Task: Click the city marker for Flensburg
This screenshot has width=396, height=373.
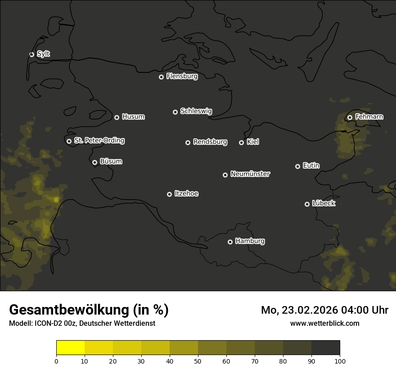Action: pyautogui.click(x=161, y=77)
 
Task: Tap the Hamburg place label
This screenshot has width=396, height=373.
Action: pyautogui.click(x=250, y=241)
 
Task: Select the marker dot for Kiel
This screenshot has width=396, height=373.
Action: pyautogui.click(x=241, y=142)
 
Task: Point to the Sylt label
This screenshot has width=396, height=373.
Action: pyautogui.click(x=43, y=54)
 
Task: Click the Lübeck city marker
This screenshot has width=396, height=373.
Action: pyautogui.click(x=307, y=204)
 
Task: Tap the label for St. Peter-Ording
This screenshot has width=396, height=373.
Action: pyautogui.click(x=99, y=141)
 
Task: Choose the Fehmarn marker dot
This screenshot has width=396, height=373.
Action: pyautogui.click(x=350, y=117)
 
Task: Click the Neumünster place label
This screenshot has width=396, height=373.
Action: pyautogui.click(x=250, y=174)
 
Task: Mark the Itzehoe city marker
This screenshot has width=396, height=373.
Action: pyautogui.click(x=169, y=194)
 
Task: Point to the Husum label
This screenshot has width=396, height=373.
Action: pyautogui.click(x=133, y=117)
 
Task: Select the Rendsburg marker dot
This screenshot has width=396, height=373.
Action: pyautogui.click(x=188, y=142)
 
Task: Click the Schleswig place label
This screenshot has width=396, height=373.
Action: pyautogui.click(x=196, y=111)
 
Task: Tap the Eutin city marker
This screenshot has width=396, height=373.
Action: pyautogui.click(x=297, y=166)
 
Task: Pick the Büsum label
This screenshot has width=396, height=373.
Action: pyautogui.click(x=111, y=161)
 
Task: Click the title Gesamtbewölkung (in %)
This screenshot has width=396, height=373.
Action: pyautogui.click(x=89, y=310)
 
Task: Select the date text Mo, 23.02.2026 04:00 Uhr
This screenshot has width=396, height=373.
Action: pyautogui.click(x=324, y=310)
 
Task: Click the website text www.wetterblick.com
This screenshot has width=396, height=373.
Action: pyautogui.click(x=324, y=323)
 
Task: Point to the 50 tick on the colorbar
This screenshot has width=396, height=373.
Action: pyautogui.click(x=198, y=361)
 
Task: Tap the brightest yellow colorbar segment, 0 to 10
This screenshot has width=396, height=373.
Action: pyautogui.click(x=71, y=348)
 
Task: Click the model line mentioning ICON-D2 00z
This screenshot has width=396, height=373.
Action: pyautogui.click(x=82, y=324)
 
